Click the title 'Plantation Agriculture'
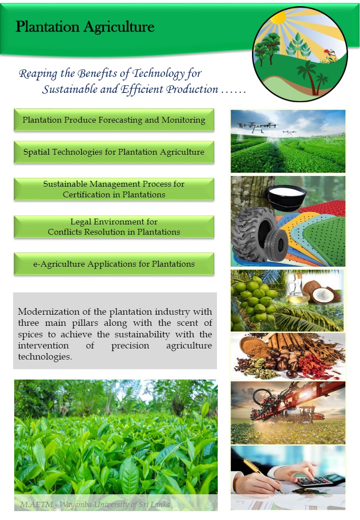coord(85,27)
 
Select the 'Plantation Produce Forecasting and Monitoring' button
coord(114,120)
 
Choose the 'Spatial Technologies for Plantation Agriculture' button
coord(114,152)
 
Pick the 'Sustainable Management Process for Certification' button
coord(114,189)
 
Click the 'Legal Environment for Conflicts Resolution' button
coord(114,227)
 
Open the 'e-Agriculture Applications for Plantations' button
coord(114,264)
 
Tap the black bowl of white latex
coord(286,197)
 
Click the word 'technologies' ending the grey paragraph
coord(45,357)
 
